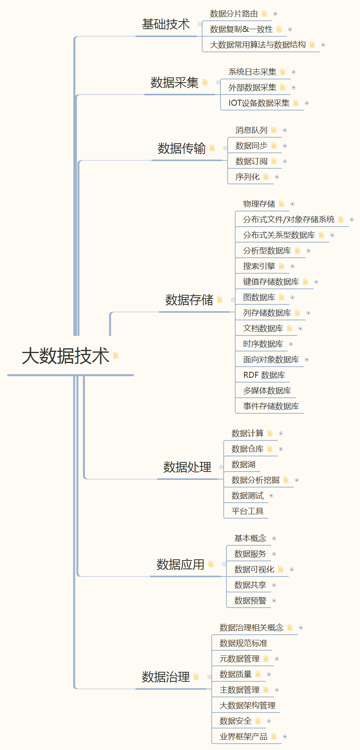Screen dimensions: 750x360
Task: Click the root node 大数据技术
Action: click(x=65, y=356)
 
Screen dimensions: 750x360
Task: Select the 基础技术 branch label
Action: click(x=166, y=24)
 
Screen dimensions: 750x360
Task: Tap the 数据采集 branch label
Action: click(x=174, y=83)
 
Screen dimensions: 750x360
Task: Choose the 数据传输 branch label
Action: click(x=181, y=148)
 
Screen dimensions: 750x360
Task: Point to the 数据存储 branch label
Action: click(x=189, y=300)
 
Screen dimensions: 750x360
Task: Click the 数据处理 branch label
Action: click(x=187, y=467)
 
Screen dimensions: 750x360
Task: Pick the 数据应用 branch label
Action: click(x=180, y=564)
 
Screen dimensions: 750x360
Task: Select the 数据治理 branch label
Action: click(x=166, y=677)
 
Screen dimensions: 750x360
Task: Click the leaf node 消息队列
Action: click(x=251, y=130)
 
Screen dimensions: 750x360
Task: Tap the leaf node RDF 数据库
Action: click(x=264, y=375)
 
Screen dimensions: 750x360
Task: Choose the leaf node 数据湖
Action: click(x=243, y=465)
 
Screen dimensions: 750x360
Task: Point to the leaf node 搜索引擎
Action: click(x=259, y=266)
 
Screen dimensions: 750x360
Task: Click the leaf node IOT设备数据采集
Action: click(x=259, y=103)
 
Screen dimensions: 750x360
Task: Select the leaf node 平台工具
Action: click(x=247, y=511)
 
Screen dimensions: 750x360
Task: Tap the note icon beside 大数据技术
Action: click(x=116, y=355)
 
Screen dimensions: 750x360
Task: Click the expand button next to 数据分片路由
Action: click(x=275, y=14)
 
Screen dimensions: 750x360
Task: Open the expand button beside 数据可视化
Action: click(x=291, y=570)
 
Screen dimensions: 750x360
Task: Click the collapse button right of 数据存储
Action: click(x=233, y=300)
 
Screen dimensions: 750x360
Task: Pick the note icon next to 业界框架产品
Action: click(x=274, y=737)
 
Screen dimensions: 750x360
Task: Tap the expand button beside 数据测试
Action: click(x=271, y=496)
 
